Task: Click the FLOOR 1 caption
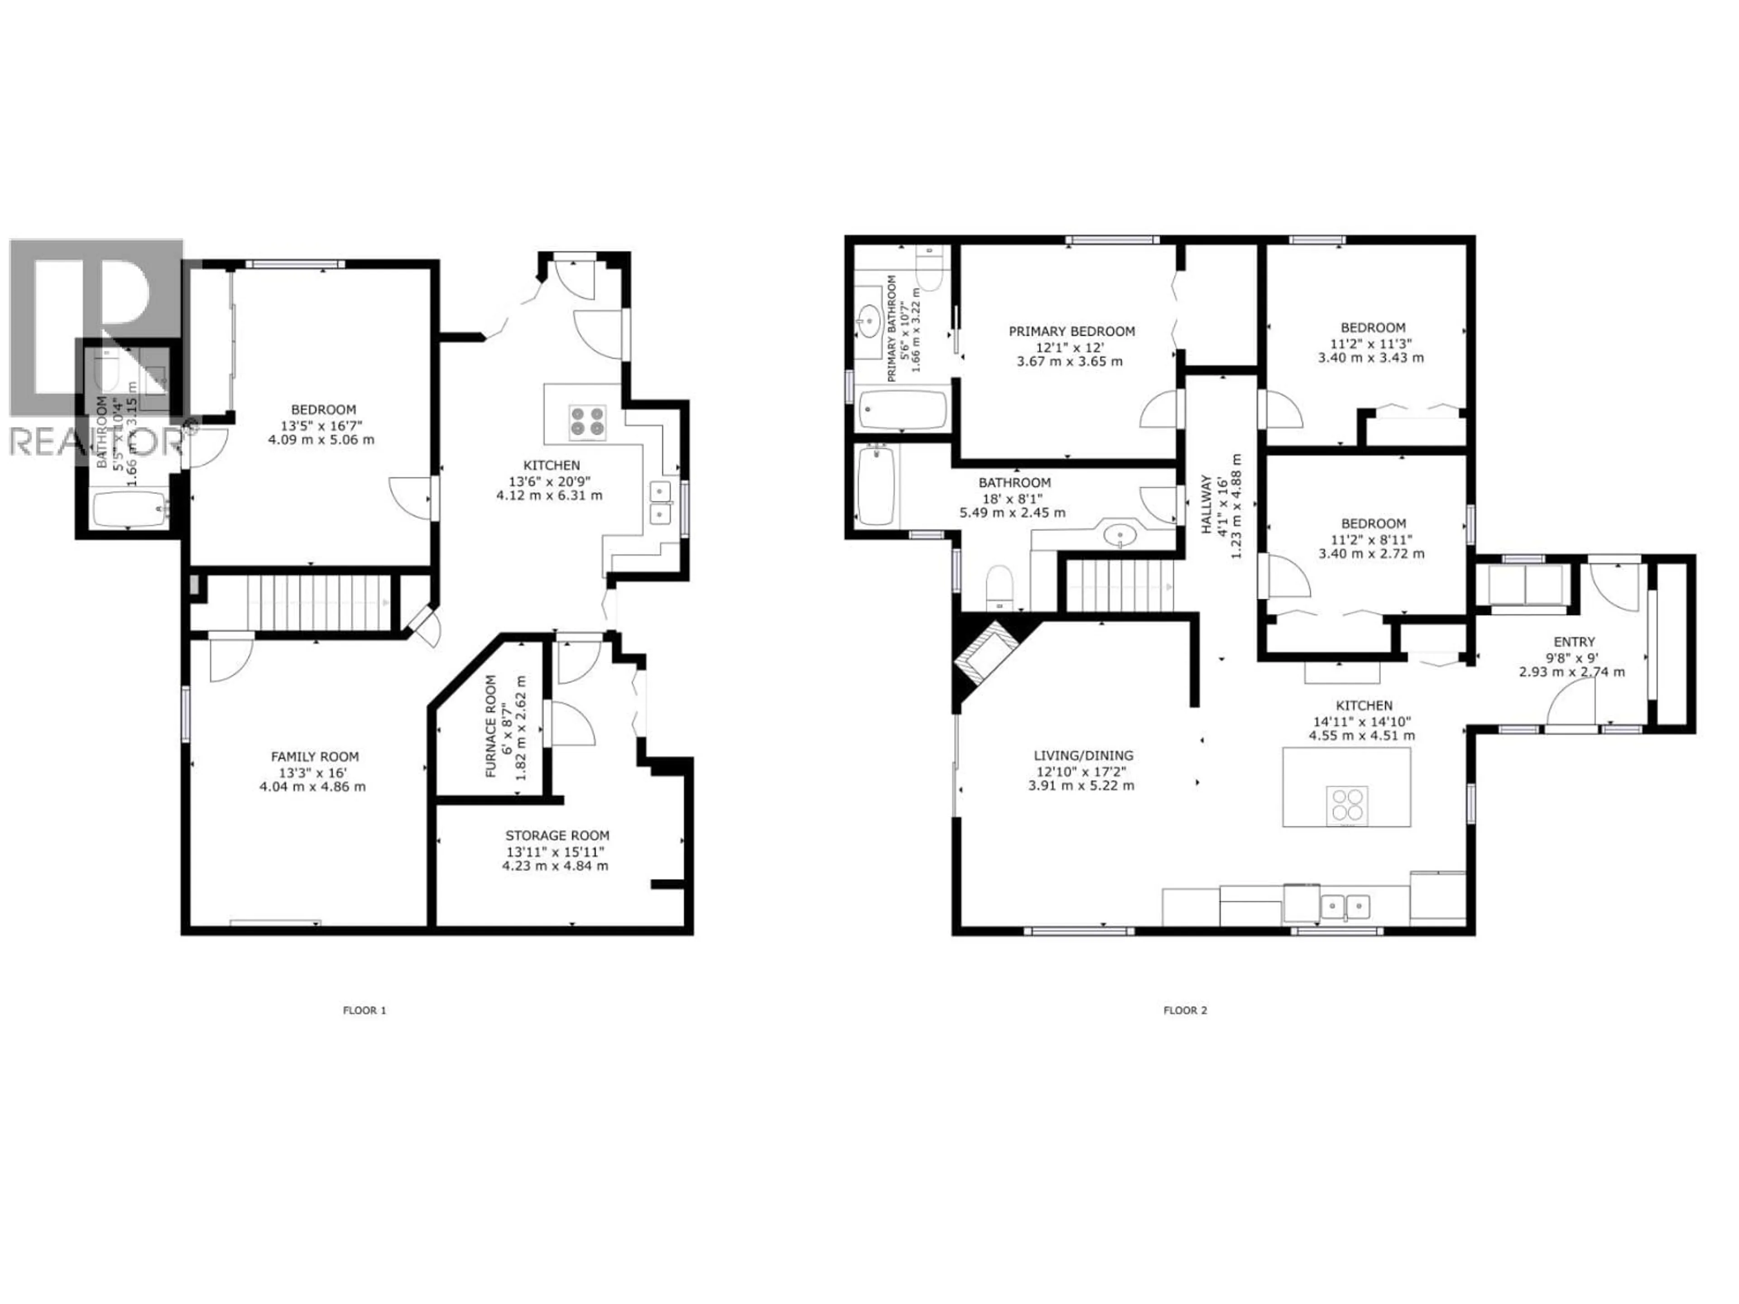[x=364, y=1010]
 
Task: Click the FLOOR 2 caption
[x=1185, y=1010]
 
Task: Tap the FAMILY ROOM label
[x=314, y=756]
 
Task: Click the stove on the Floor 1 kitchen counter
[x=587, y=421]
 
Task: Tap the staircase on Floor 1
[x=318, y=603]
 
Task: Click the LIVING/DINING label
[x=1083, y=755]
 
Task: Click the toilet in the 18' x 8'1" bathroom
[x=999, y=585]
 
